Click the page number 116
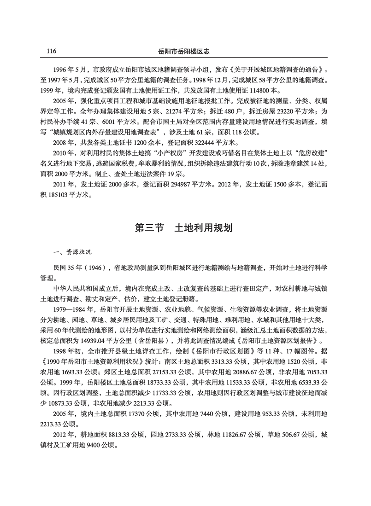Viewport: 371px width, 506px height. tap(49, 51)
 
